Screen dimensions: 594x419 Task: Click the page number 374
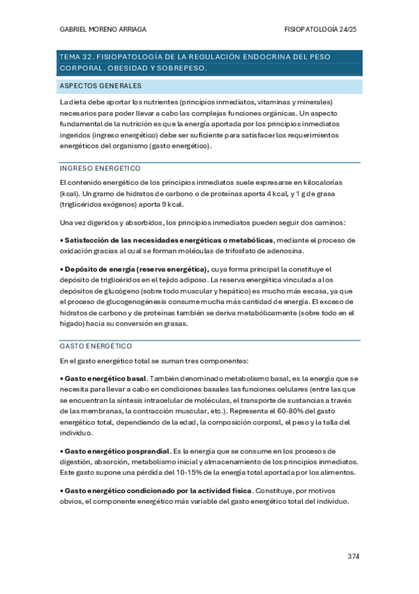[x=353, y=556]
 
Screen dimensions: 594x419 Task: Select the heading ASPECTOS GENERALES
[x=101, y=86]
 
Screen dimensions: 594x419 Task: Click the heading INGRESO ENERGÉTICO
[x=101, y=169]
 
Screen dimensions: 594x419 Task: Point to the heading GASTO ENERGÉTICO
[x=96, y=346]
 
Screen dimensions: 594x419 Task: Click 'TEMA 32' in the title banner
[x=75, y=56]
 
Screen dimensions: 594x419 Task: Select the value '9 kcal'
[x=172, y=204]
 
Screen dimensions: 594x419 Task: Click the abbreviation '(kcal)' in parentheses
[x=70, y=193]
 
